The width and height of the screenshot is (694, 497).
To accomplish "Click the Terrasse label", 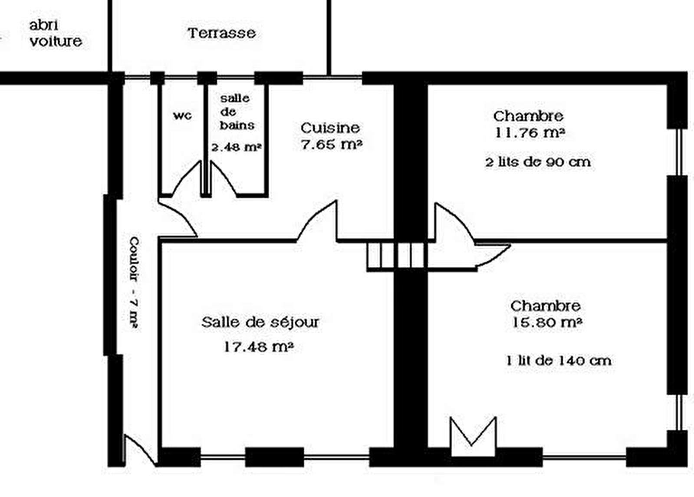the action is pyautogui.click(x=222, y=33).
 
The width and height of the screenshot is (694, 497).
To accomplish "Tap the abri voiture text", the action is pyautogui.click(x=56, y=33).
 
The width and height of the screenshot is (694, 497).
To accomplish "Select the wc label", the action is pyautogui.click(x=182, y=115).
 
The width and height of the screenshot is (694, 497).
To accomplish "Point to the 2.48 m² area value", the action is pyautogui.click(x=237, y=147).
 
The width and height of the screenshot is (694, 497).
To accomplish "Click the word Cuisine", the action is pyautogui.click(x=330, y=128).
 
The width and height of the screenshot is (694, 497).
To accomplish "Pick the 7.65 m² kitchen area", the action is pyautogui.click(x=332, y=145).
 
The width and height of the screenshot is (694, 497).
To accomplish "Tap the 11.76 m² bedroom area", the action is pyautogui.click(x=530, y=133).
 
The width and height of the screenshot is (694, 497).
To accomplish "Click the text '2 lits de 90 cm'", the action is pyautogui.click(x=538, y=162).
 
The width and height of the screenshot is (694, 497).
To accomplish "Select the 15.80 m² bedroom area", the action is pyautogui.click(x=547, y=323).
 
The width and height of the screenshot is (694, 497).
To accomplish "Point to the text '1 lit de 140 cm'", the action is pyautogui.click(x=559, y=361).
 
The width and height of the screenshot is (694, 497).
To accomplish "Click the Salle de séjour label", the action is pyautogui.click(x=260, y=323).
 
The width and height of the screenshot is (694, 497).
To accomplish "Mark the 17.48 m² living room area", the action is pyautogui.click(x=258, y=347).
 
